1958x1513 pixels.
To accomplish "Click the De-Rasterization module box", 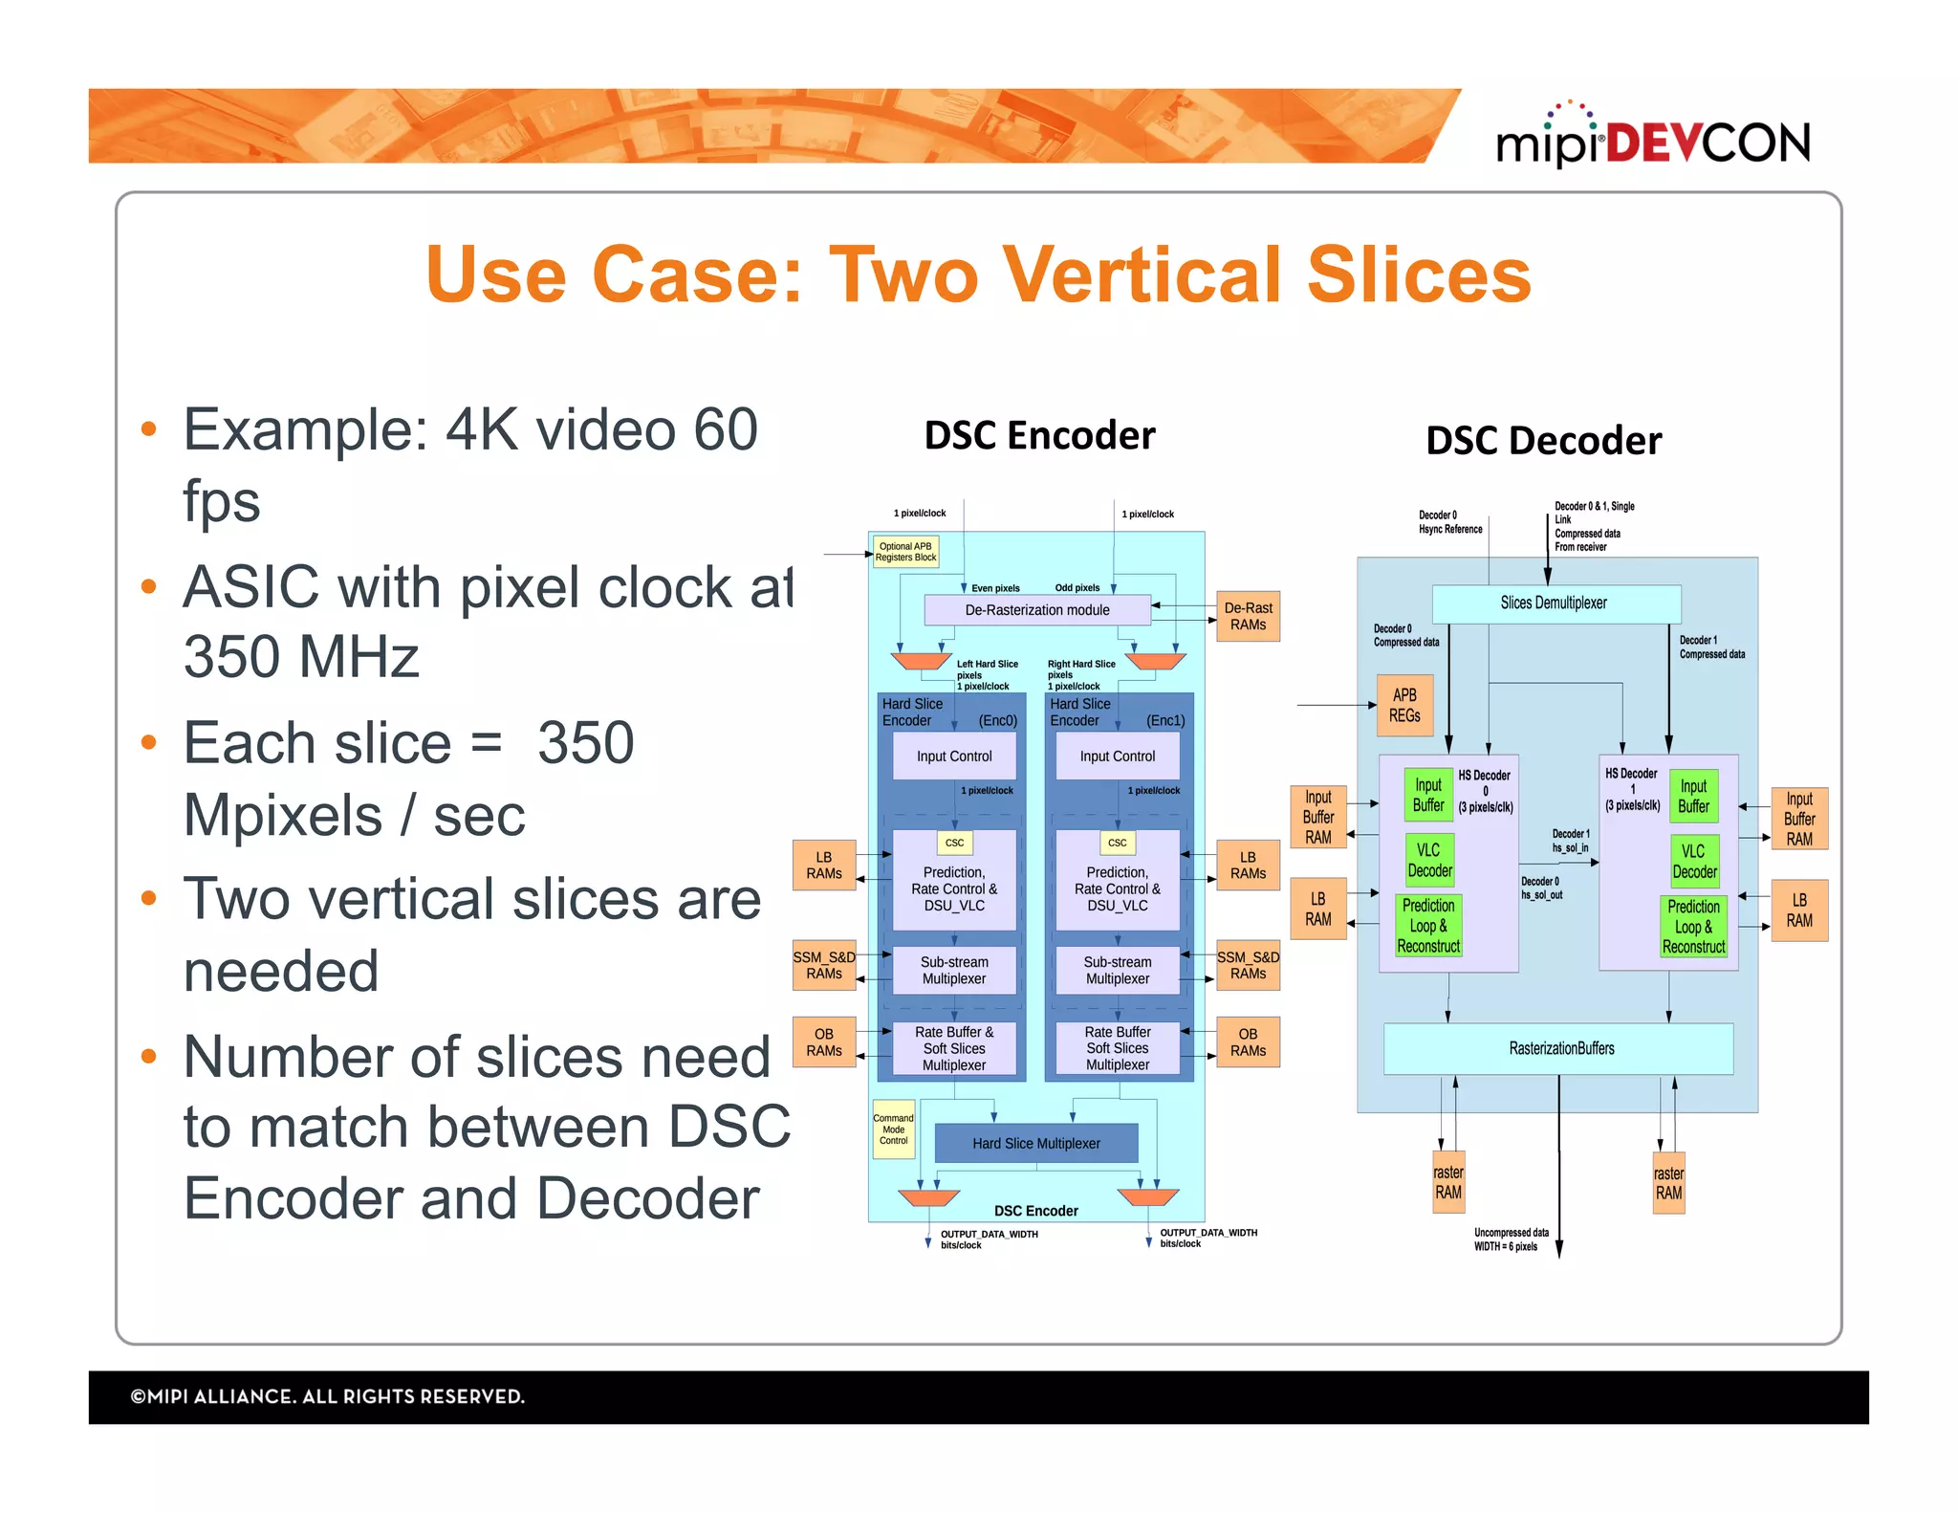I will [x=1036, y=610].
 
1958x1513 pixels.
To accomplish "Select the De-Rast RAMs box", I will [x=1248, y=616].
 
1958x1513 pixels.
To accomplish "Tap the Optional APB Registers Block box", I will [x=905, y=552].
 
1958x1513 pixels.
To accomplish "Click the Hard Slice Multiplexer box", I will [x=1035, y=1143].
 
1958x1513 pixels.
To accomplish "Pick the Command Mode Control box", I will [x=893, y=1129].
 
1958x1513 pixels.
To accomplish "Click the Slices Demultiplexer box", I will [x=1555, y=603].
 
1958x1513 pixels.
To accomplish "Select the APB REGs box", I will [x=1403, y=705].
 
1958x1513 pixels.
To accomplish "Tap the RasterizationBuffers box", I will [x=1560, y=1048].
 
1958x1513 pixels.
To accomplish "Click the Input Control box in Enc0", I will [x=953, y=756].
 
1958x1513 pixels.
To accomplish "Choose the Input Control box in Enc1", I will [x=1117, y=756].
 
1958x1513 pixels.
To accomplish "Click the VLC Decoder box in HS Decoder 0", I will [x=1429, y=860].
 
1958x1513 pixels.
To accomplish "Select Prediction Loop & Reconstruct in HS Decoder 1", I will [x=1693, y=927].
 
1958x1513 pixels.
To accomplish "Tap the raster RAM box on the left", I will [x=1447, y=1182].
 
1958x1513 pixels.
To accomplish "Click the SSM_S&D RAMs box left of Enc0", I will [x=823, y=965].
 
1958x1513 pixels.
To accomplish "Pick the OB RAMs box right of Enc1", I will [x=1248, y=1042].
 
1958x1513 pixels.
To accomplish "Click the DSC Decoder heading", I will [x=1543, y=441].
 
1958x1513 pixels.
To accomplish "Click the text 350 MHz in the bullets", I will [x=301, y=657].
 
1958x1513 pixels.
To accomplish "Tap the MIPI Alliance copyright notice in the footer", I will [x=328, y=1396].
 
